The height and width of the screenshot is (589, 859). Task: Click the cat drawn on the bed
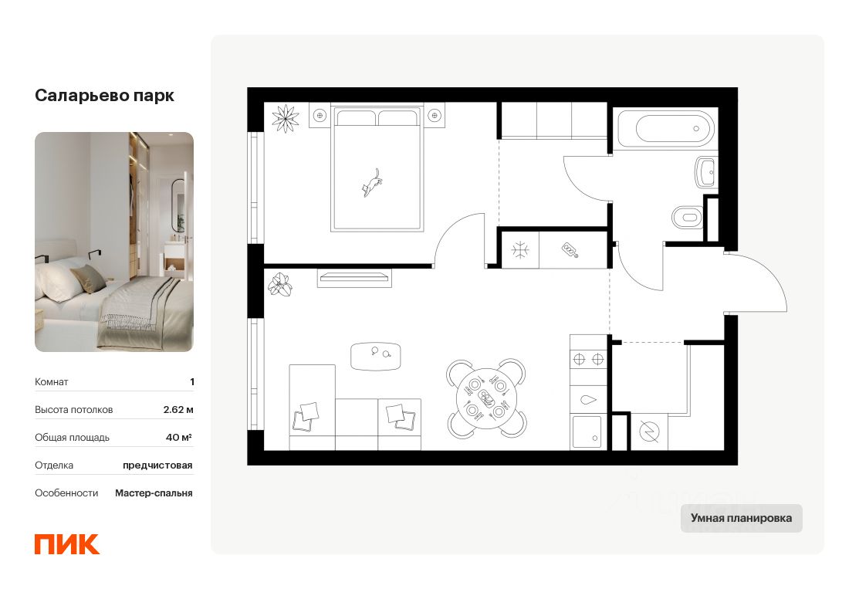[373, 184]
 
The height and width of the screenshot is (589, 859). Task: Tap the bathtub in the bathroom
[664, 127]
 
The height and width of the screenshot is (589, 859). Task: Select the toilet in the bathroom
[688, 217]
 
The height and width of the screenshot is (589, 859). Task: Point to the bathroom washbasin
[706, 172]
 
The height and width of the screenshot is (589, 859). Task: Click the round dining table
[485, 398]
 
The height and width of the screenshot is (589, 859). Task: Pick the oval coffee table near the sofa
[376, 356]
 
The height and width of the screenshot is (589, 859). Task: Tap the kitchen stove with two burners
[587, 359]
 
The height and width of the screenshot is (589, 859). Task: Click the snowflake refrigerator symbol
[521, 249]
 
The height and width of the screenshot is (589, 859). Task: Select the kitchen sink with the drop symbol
[587, 399]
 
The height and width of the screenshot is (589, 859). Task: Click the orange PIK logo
[67, 543]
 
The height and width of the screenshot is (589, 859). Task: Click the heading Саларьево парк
[104, 96]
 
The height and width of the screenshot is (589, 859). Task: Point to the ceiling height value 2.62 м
[178, 410]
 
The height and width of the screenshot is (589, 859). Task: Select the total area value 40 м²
[179, 438]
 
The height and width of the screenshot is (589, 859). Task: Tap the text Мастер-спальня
[154, 493]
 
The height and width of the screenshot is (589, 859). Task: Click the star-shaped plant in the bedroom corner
[286, 118]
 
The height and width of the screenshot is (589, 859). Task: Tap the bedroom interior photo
[114, 242]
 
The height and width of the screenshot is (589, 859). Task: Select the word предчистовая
[157, 465]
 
